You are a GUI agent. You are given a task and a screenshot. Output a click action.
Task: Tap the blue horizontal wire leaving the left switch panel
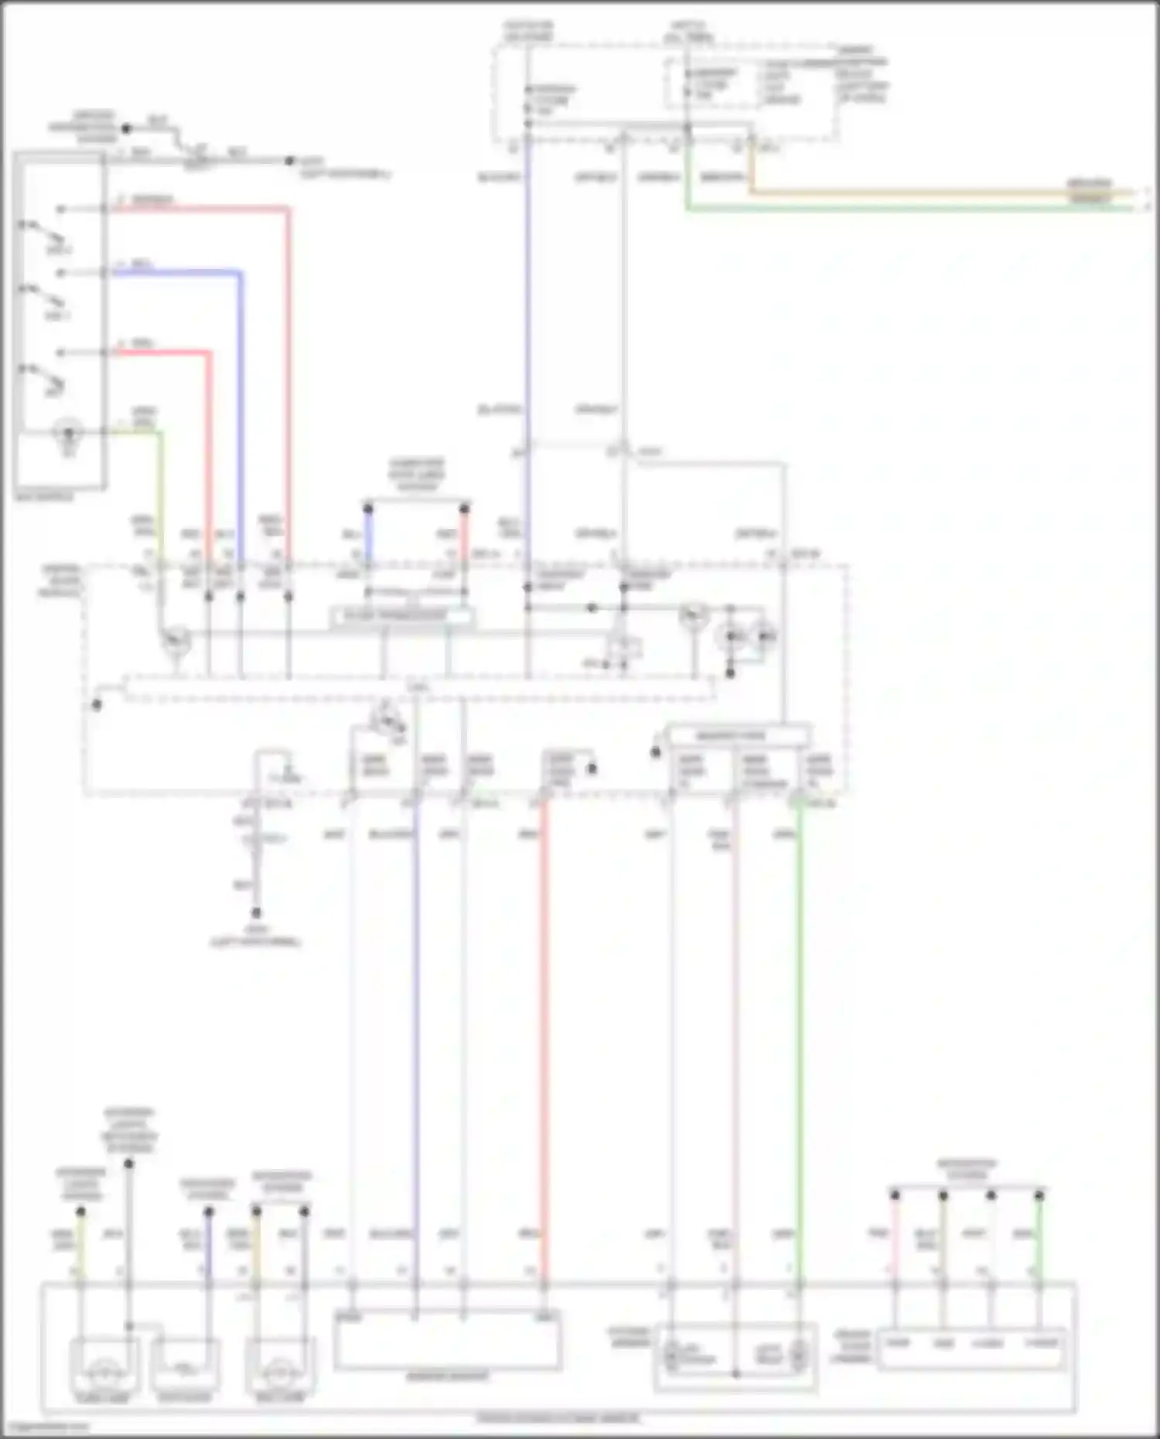178,272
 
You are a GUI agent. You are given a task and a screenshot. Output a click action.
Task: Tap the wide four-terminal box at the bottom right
972,1349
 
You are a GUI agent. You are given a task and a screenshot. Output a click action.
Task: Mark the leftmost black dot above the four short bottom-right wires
895,1195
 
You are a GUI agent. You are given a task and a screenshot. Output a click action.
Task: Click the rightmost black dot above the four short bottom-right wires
1039,1195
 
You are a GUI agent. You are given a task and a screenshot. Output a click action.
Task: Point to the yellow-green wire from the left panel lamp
160,495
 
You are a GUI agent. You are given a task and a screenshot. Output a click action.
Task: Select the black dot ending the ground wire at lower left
256,912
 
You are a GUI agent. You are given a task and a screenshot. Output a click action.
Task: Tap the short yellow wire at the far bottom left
80,1245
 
